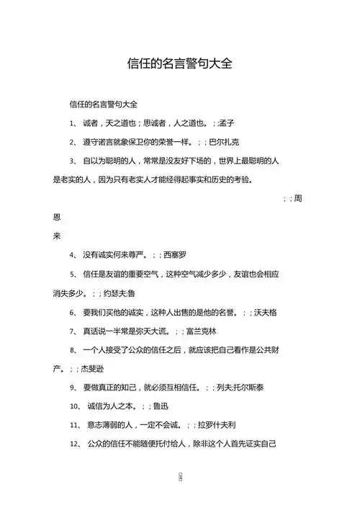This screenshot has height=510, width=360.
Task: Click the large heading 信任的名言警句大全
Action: [x=179, y=62]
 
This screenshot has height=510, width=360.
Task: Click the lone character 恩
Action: [x=58, y=217]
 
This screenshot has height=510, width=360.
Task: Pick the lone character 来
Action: [x=58, y=236]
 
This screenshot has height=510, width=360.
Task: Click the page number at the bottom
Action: [x=179, y=478]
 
